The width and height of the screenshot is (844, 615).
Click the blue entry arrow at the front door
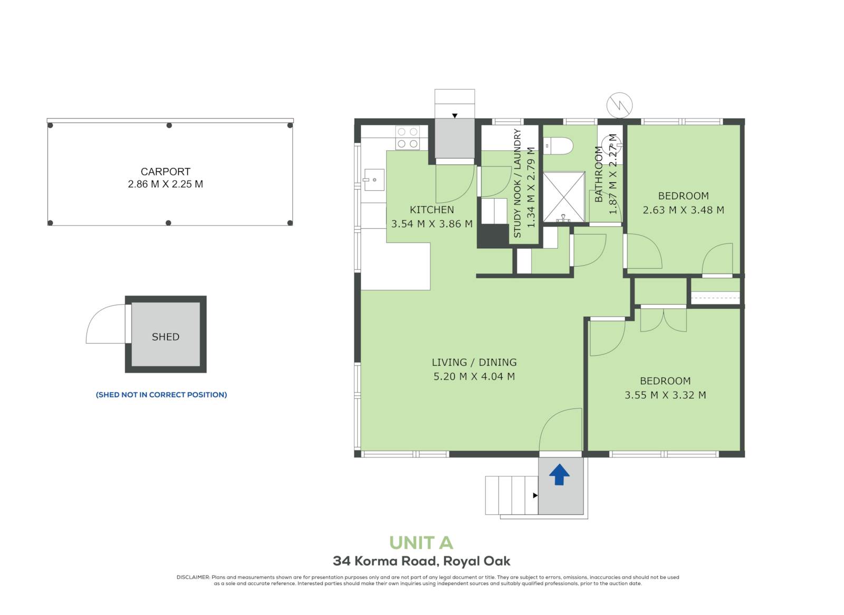[x=559, y=475]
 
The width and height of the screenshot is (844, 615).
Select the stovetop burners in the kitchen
[x=407, y=138]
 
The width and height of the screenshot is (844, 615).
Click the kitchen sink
[x=373, y=180]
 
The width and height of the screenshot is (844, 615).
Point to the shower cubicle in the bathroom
[x=564, y=197]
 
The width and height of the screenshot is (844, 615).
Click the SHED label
[x=166, y=337]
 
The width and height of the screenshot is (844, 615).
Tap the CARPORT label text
[x=166, y=172]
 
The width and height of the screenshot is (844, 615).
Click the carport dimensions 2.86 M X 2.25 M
[x=166, y=184]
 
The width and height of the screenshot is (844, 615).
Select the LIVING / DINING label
[x=474, y=362]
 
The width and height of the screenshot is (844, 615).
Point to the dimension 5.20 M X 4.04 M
[x=474, y=376]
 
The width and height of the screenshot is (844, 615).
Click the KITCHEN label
[x=432, y=210]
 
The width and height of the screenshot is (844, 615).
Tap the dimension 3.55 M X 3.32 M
[x=665, y=395]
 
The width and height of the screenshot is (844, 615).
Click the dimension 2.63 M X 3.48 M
[x=684, y=210]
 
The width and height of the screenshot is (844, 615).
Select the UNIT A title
[x=421, y=543]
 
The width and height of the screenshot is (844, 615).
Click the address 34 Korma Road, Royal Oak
[x=421, y=561]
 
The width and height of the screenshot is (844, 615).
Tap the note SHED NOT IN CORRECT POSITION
[x=161, y=395]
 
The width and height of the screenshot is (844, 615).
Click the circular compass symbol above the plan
[x=619, y=105]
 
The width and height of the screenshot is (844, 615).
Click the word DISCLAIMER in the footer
[x=193, y=578]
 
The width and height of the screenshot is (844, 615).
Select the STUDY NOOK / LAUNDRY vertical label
[x=517, y=183]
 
